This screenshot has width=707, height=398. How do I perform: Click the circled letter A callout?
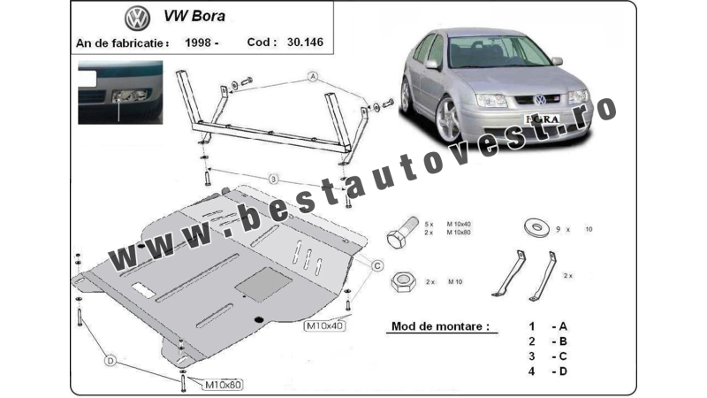(x=312, y=78)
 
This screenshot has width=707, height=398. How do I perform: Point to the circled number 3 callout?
(x=274, y=179)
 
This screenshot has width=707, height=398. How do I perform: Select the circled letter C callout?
(x=376, y=264)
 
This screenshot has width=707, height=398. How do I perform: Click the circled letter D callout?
(x=110, y=361)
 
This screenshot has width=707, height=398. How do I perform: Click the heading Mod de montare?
(x=438, y=326)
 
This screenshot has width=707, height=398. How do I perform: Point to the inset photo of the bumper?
(x=120, y=90)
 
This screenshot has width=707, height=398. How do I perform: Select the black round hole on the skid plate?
(x=257, y=318)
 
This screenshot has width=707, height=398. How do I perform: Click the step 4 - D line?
(x=548, y=371)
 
